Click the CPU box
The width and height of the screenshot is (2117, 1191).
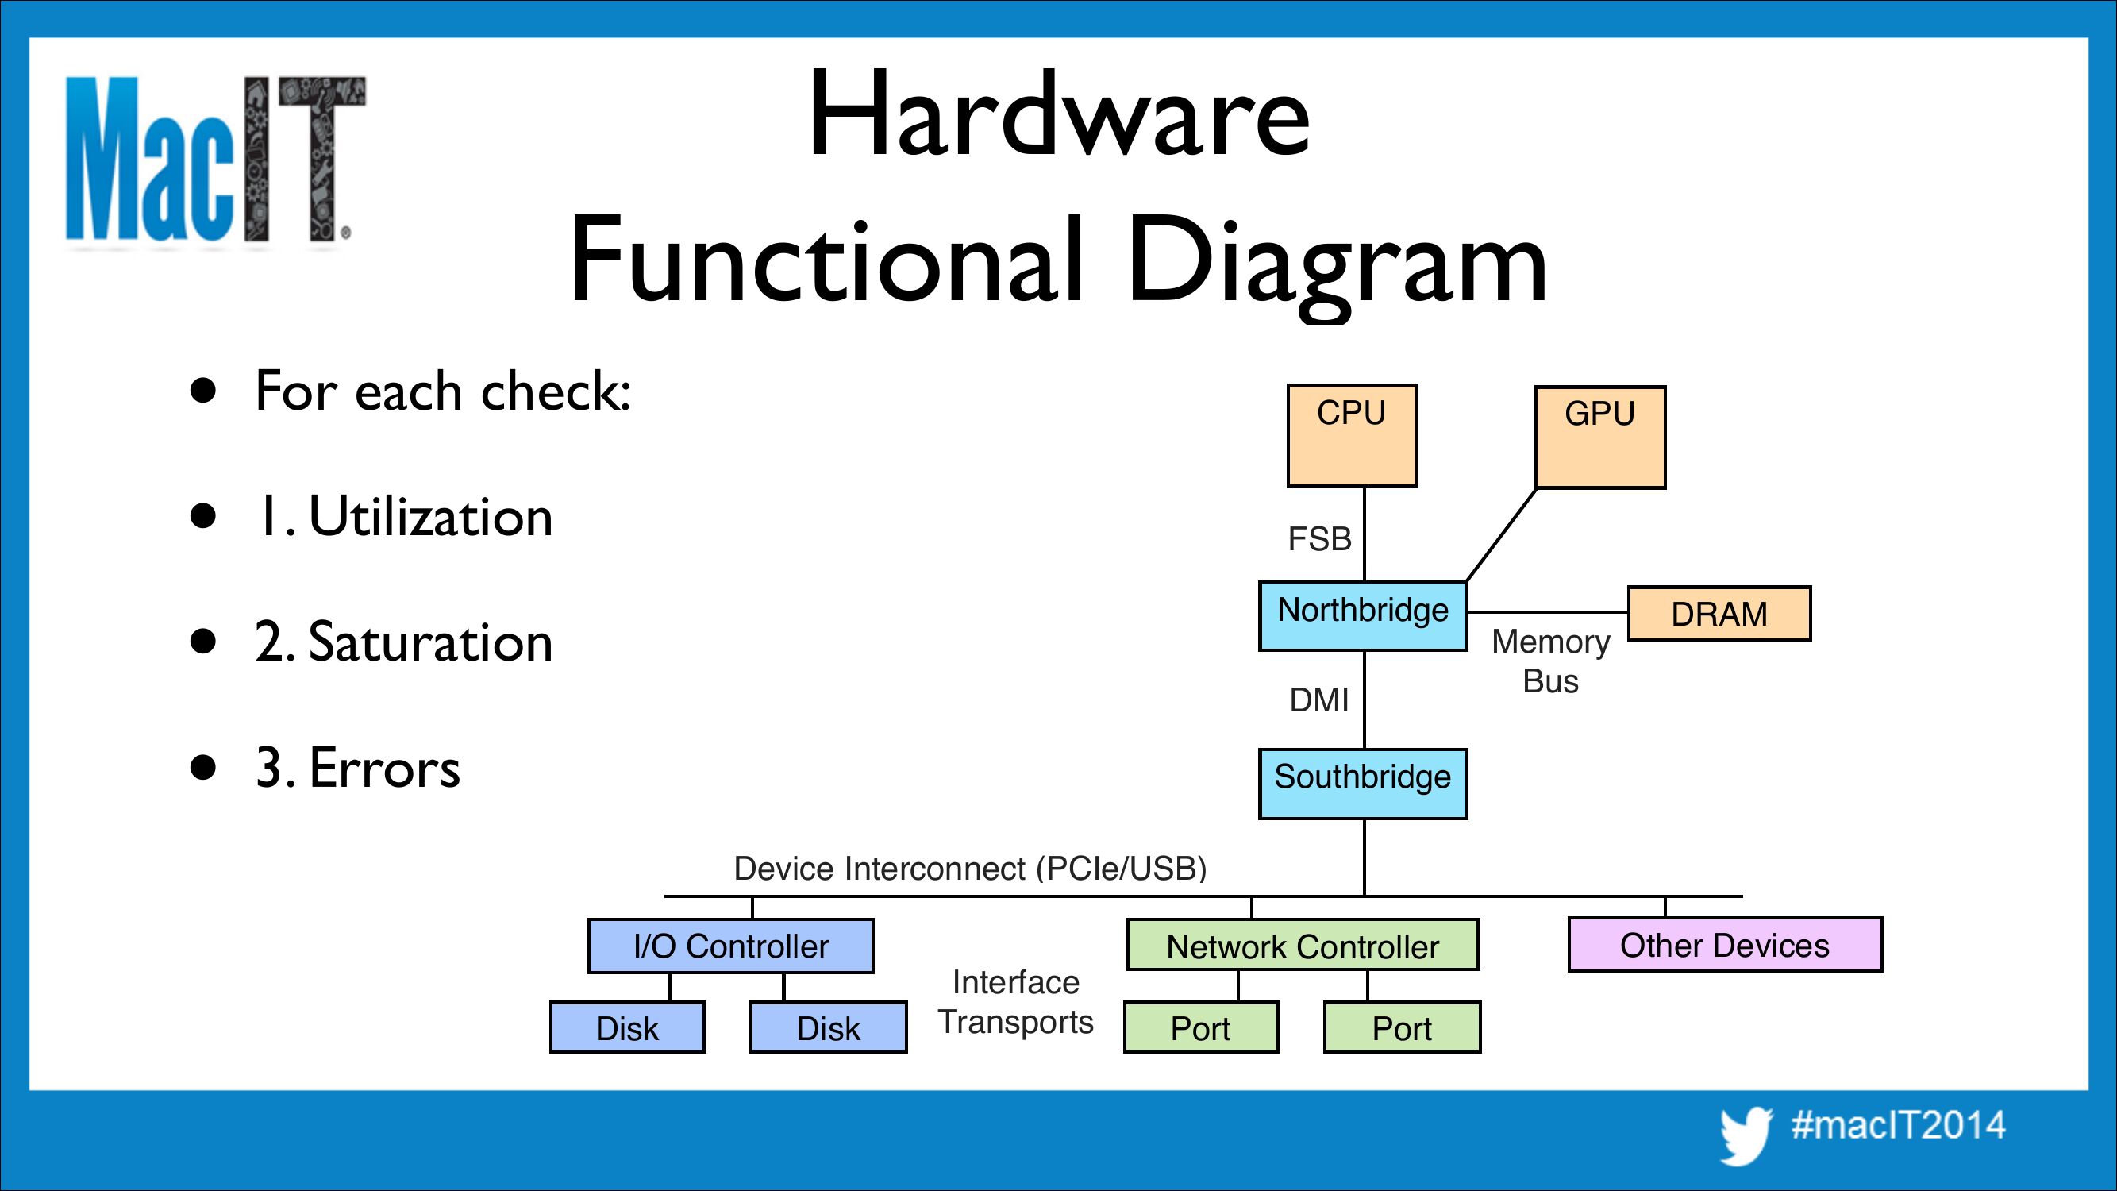(1352, 436)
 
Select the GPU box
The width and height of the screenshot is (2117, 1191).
(1600, 437)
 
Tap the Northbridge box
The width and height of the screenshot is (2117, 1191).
(1363, 615)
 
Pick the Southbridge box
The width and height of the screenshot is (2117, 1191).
(1363, 784)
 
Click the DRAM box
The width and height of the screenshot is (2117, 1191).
(1719, 613)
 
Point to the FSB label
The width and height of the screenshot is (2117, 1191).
(1319, 539)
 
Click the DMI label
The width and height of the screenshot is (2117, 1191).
(1319, 700)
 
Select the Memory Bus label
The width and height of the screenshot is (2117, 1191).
(1550, 661)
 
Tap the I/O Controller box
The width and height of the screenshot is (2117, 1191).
(730, 946)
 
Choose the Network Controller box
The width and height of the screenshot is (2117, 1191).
(1303, 946)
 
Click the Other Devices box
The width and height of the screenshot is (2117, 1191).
(1724, 945)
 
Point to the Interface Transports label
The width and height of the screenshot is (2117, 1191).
(1016, 1002)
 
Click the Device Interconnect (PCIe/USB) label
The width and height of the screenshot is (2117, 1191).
(970, 869)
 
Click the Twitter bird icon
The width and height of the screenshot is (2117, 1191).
(1746, 1135)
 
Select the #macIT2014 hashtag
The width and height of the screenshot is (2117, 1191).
(1899, 1125)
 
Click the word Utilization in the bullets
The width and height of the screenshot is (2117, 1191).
(429, 517)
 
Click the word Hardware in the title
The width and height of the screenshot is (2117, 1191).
(1059, 115)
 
